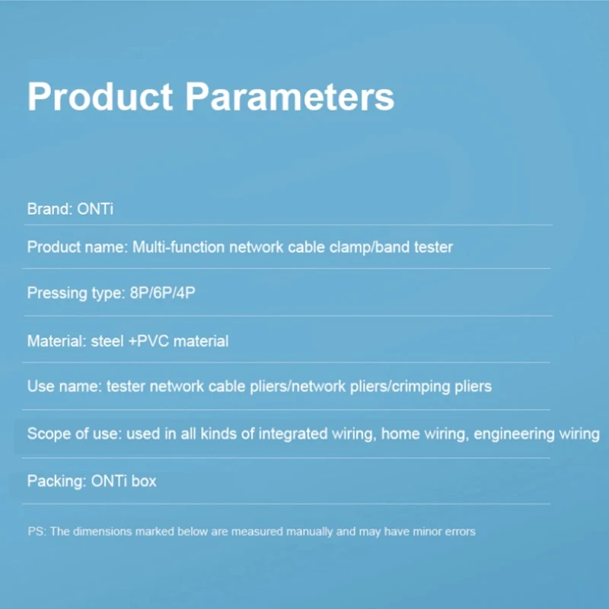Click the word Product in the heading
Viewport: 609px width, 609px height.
[100, 97]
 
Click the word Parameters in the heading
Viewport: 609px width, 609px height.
[290, 97]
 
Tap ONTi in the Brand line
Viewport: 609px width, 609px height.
[95, 209]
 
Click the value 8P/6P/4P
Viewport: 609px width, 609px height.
[162, 293]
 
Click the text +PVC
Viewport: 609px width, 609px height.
[148, 341]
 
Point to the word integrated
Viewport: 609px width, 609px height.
[293, 434]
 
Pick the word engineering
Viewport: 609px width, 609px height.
[514, 434]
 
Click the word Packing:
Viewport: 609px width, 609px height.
[56, 482]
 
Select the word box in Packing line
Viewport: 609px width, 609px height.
[144, 481]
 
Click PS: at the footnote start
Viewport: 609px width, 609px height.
[37, 531]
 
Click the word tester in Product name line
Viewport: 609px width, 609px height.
[433, 247]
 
